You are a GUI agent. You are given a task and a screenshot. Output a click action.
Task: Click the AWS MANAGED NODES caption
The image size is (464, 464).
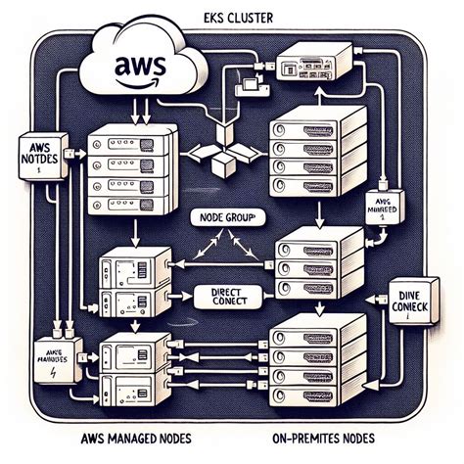[x=138, y=437]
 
